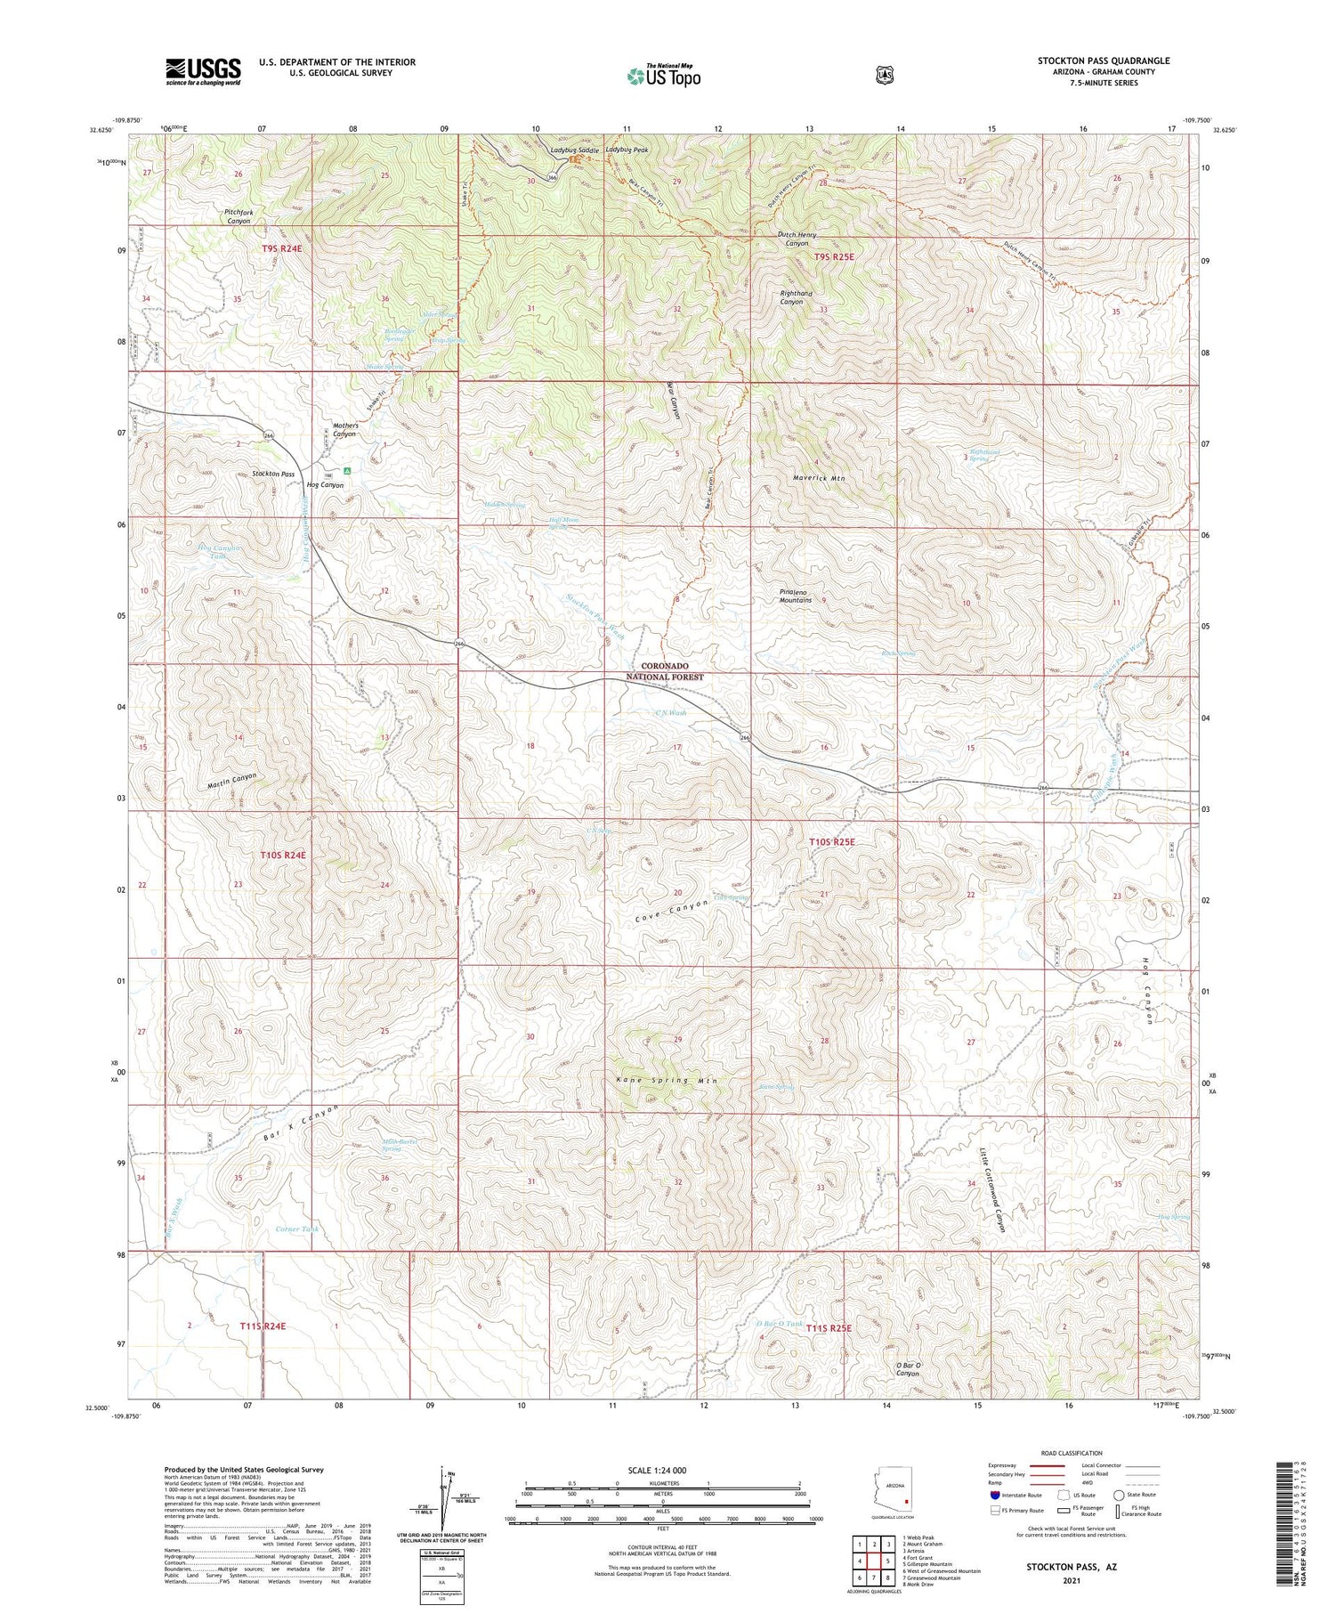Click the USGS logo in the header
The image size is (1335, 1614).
(203, 71)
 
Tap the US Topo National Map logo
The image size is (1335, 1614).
(664, 76)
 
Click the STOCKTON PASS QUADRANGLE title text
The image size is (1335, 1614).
(1103, 61)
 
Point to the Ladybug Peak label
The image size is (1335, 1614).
(627, 150)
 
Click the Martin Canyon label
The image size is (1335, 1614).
(231, 781)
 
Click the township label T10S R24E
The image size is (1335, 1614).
(283, 855)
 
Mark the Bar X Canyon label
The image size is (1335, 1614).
(303, 1125)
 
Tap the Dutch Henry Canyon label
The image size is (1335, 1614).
(797, 239)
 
